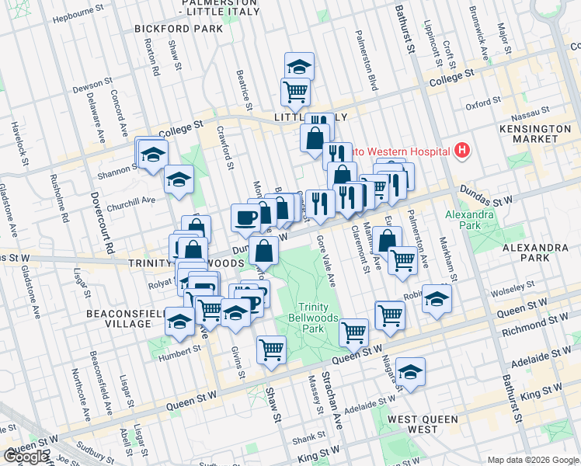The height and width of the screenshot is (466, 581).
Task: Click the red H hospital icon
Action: [x=462, y=150]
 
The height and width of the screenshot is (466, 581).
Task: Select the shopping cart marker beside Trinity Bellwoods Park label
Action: [x=354, y=332]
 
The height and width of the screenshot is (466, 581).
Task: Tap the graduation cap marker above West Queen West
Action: [x=410, y=374]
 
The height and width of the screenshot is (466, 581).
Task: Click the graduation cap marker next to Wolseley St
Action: [x=437, y=300]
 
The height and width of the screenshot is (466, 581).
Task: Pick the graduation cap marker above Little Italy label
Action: [x=299, y=67]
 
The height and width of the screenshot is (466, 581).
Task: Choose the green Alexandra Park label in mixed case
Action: [x=463, y=220]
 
